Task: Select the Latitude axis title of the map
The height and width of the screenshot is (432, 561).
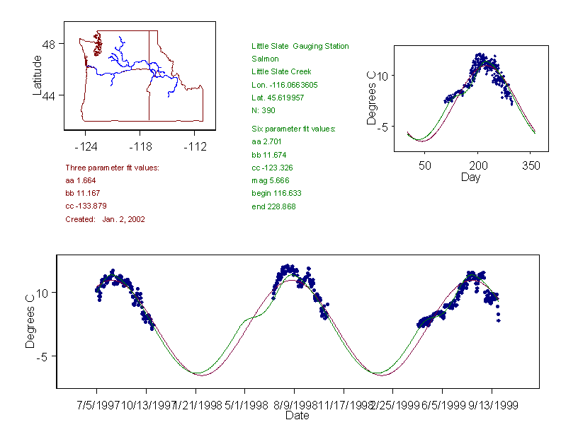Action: click(38, 75)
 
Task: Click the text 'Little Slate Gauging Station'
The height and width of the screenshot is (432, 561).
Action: click(300, 46)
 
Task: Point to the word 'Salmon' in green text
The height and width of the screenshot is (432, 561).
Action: click(265, 59)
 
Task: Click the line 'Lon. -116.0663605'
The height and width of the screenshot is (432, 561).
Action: click(284, 85)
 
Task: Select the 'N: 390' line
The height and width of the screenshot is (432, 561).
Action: click(263, 110)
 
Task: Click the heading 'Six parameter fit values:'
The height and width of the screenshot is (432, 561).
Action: click(293, 129)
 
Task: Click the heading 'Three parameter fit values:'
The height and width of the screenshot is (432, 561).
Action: click(112, 168)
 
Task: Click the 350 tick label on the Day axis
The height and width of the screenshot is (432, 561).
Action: click(531, 165)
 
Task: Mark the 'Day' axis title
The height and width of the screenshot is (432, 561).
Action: click(470, 177)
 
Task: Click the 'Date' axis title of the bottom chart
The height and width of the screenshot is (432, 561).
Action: click(297, 416)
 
